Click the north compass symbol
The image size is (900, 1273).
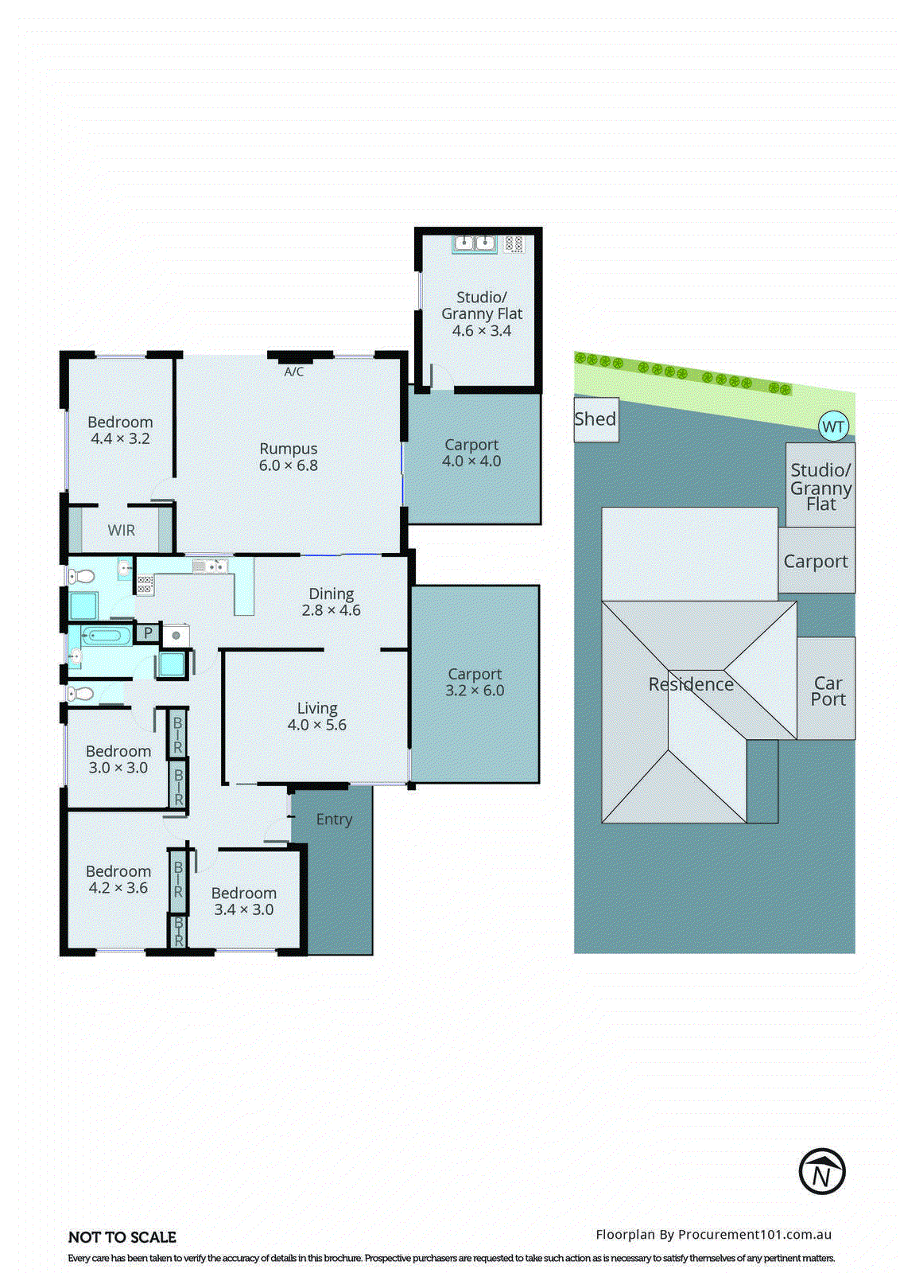821,1171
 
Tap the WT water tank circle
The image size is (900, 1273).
833,426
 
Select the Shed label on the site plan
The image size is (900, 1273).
595,419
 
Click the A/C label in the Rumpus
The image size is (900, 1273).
293,372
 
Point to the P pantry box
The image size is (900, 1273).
148,633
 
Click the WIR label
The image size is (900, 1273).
122,531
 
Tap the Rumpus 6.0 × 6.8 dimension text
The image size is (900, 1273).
288,466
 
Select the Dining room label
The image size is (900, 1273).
332,594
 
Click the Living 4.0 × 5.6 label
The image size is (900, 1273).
316,716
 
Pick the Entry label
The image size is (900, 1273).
334,819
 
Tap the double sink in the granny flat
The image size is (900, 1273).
475,243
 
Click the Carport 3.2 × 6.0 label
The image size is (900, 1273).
475,683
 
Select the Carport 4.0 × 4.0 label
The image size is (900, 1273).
471,453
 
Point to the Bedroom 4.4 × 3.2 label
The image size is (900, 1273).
120,430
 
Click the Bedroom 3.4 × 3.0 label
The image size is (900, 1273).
243,901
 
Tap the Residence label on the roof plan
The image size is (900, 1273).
691,684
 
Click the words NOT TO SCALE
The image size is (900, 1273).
122,1237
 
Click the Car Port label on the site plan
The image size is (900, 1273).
828,691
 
